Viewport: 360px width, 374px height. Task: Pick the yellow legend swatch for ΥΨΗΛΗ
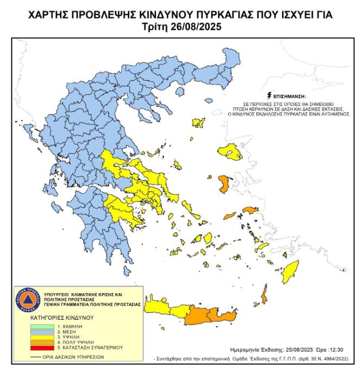[x=41, y=337]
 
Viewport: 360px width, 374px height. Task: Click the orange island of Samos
[x=249, y=210]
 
